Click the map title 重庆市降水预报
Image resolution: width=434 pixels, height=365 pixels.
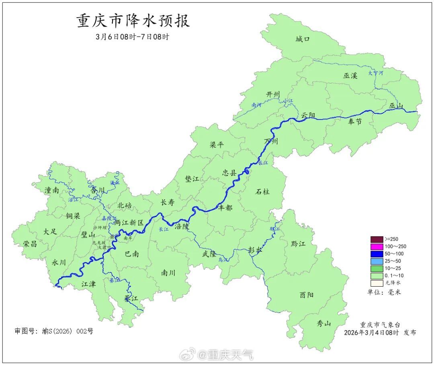click(x=133, y=21)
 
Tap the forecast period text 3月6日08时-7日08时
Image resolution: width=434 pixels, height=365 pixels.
click(x=133, y=37)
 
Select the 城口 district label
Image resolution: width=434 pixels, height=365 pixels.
click(x=303, y=39)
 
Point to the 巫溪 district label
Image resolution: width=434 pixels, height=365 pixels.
click(x=350, y=76)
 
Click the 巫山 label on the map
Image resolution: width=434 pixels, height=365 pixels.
click(x=396, y=106)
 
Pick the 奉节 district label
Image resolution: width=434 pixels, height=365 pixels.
click(x=355, y=122)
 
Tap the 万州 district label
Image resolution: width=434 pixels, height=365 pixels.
click(x=271, y=141)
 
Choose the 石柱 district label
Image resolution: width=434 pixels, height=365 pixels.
click(x=262, y=192)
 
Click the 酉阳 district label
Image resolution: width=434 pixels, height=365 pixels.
click(x=307, y=295)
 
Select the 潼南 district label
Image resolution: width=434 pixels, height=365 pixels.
click(x=52, y=190)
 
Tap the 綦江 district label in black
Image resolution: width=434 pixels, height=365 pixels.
click(x=131, y=299)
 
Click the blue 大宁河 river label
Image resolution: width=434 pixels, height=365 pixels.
click(x=376, y=73)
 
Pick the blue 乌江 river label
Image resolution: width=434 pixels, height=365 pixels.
click(x=223, y=260)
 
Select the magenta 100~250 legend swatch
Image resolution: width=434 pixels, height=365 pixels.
click(x=377, y=246)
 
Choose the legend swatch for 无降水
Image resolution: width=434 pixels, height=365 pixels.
click(x=377, y=283)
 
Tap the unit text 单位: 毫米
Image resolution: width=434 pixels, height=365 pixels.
click(x=384, y=292)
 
